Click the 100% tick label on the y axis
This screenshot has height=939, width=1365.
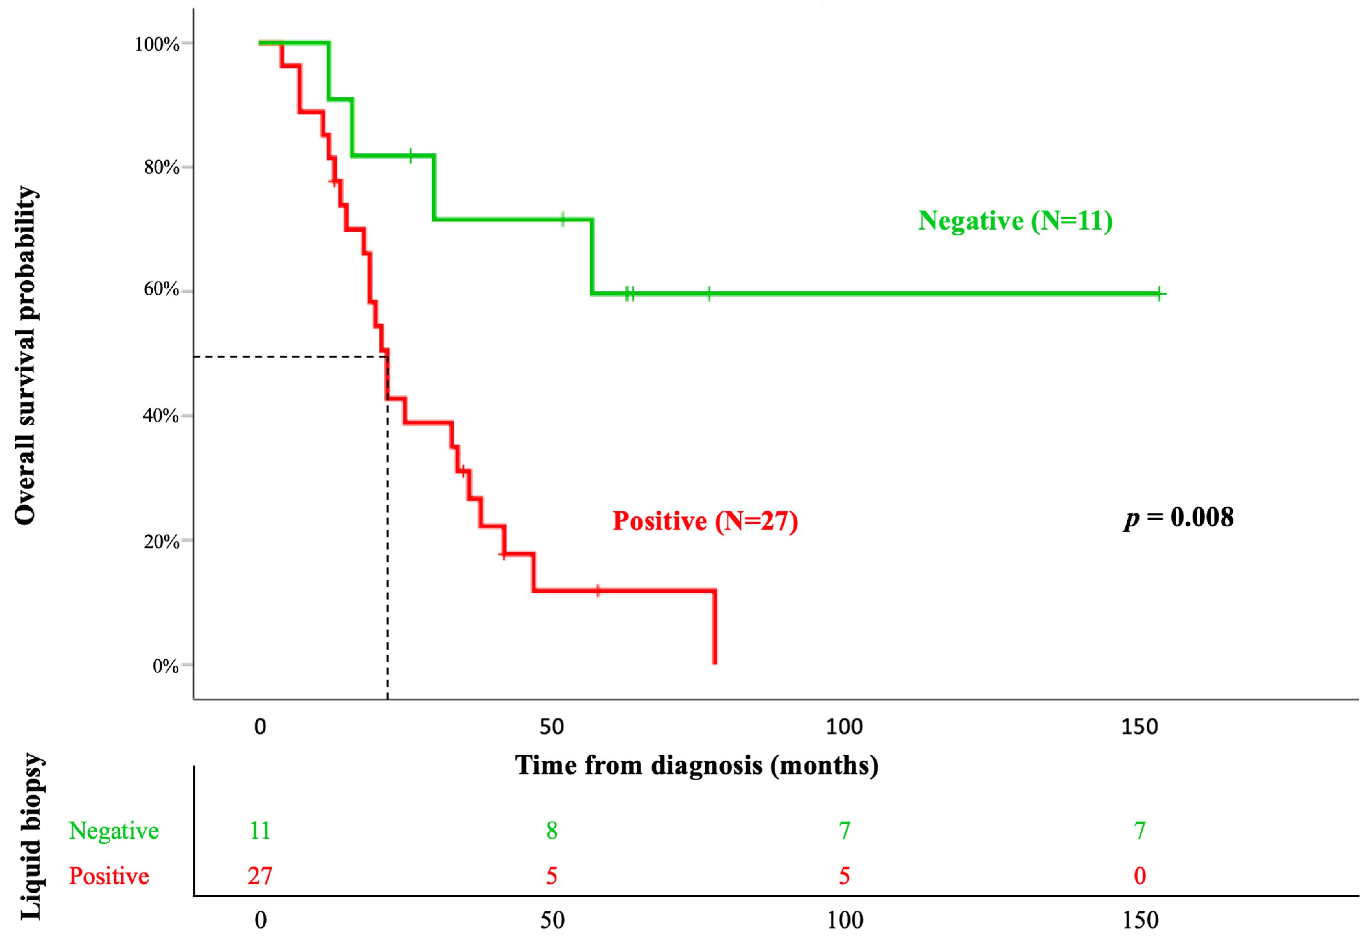point(156,44)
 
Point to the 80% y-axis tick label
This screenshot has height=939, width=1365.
point(161,168)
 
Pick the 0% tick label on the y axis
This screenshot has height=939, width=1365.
point(166,666)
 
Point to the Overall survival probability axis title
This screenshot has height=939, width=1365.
point(26,355)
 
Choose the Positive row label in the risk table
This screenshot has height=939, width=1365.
point(109,876)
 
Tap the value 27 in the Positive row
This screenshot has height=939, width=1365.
point(259,876)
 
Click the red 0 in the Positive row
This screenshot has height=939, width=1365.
point(1140,876)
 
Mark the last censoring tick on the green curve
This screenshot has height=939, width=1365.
point(1159,294)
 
